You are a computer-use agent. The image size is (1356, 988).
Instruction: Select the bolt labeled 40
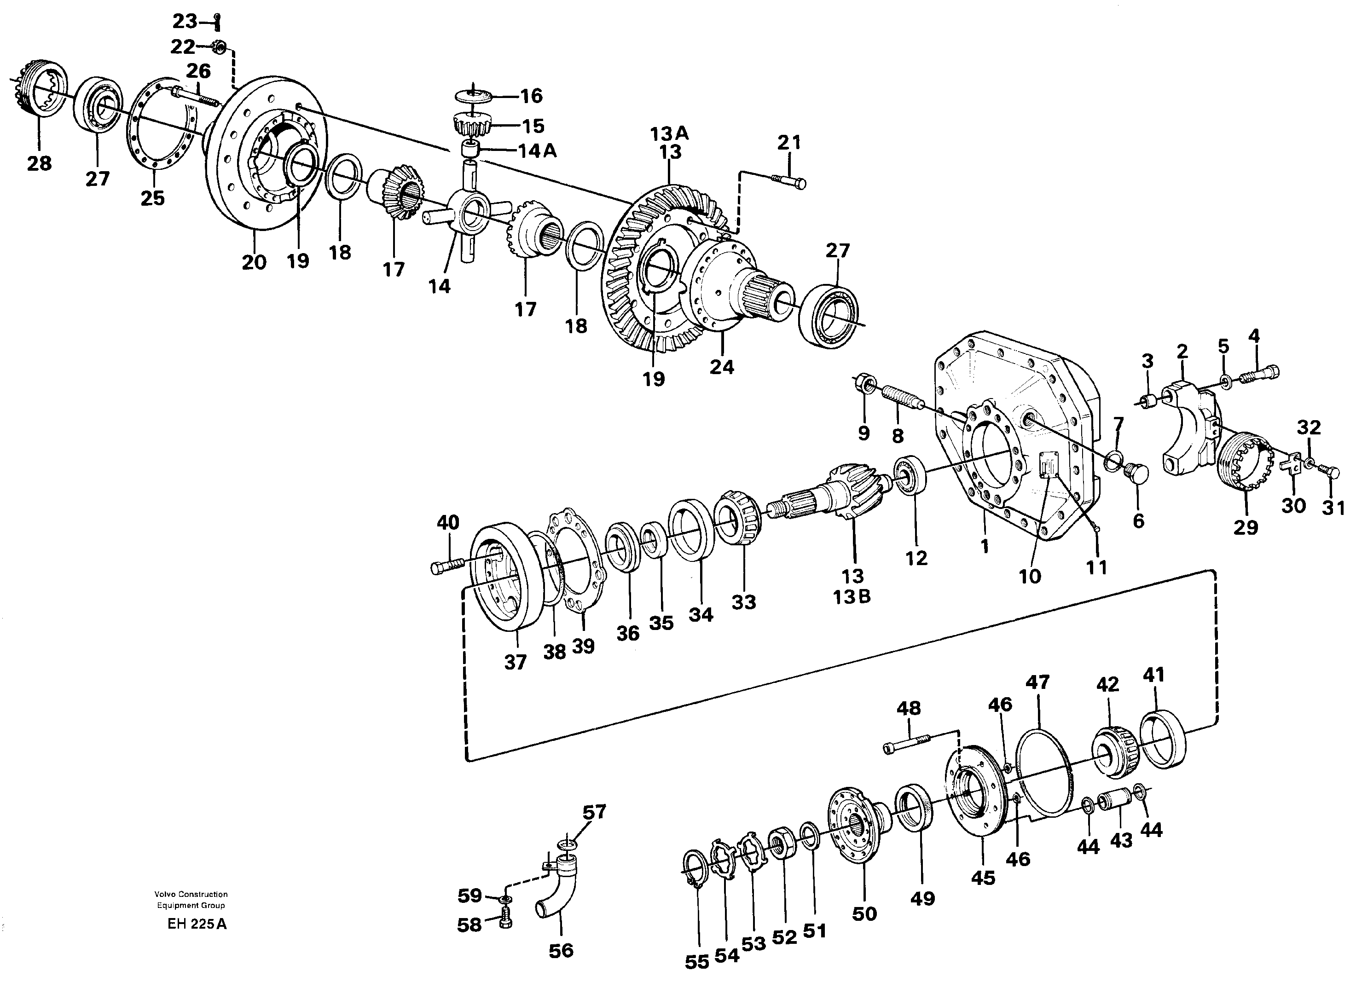coord(447,565)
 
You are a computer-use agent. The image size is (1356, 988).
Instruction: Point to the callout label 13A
coord(669,133)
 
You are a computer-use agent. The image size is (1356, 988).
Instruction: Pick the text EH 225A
coord(197,924)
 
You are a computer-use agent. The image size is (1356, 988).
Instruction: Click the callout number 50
coord(863,913)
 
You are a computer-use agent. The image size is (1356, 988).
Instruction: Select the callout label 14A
coord(537,151)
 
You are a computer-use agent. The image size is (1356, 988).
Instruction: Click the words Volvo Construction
coord(191,894)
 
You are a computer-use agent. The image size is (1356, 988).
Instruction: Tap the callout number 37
coord(515,662)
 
